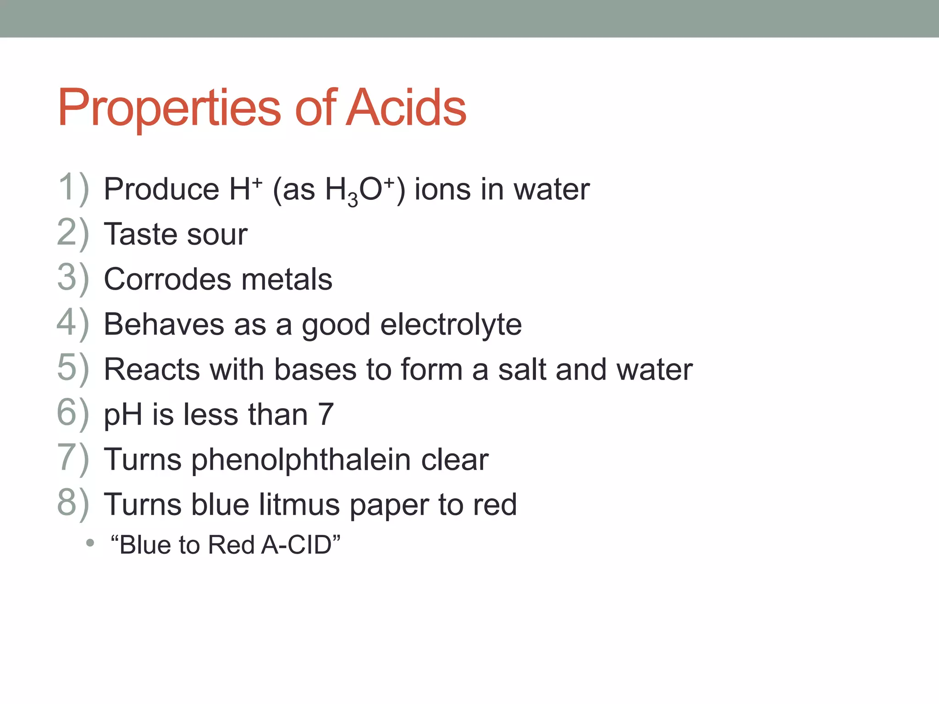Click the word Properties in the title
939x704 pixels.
click(x=169, y=108)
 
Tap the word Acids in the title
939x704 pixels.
click(x=406, y=108)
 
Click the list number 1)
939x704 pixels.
click(x=73, y=188)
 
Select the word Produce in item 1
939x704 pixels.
click(x=161, y=189)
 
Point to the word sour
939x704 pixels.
click(x=217, y=234)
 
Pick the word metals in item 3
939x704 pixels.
click(x=287, y=279)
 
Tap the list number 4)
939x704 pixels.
click(x=73, y=323)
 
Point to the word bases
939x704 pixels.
click(x=315, y=369)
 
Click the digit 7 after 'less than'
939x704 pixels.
click(x=326, y=414)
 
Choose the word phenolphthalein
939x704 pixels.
click(x=301, y=460)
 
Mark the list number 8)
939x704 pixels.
click(x=73, y=503)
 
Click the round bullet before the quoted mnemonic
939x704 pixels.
click(x=90, y=543)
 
